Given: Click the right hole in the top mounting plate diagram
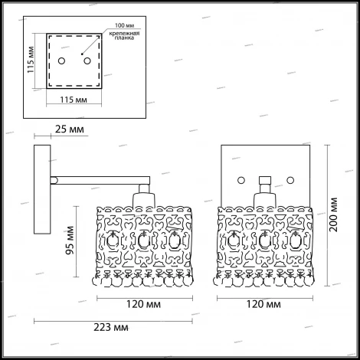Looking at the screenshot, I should tap(87, 60).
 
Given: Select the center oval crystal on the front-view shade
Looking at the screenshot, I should tap(265, 242).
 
